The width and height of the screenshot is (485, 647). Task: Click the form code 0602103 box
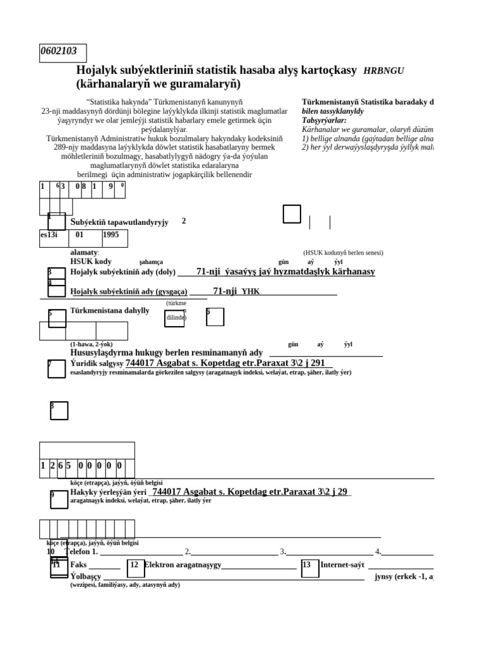click(63, 52)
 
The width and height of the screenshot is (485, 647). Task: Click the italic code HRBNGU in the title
click(383, 71)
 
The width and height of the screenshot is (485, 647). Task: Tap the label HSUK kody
click(91, 262)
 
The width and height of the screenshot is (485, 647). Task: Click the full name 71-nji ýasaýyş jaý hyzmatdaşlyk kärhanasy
click(285, 272)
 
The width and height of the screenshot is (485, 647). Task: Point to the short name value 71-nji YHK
click(236, 291)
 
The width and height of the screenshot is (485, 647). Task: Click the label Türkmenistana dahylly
click(110, 311)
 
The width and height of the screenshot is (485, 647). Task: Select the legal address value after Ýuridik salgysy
click(225, 363)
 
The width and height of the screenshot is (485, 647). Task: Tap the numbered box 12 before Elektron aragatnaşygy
click(135, 568)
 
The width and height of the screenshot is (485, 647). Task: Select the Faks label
click(79, 565)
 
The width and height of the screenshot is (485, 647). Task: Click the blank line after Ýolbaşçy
click(234, 577)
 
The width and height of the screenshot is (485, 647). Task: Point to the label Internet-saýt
click(343, 565)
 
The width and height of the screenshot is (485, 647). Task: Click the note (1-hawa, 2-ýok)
click(91, 344)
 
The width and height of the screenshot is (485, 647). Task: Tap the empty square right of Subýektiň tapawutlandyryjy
click(292, 214)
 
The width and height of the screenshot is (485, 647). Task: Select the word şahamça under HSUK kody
click(151, 262)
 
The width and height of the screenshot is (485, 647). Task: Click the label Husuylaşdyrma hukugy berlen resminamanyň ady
click(166, 353)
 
